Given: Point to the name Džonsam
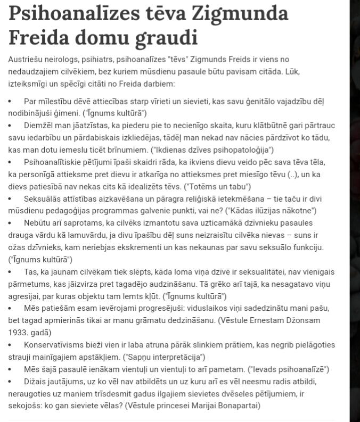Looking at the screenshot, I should coord(301,320).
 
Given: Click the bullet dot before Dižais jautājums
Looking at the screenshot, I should coord(10,382).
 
